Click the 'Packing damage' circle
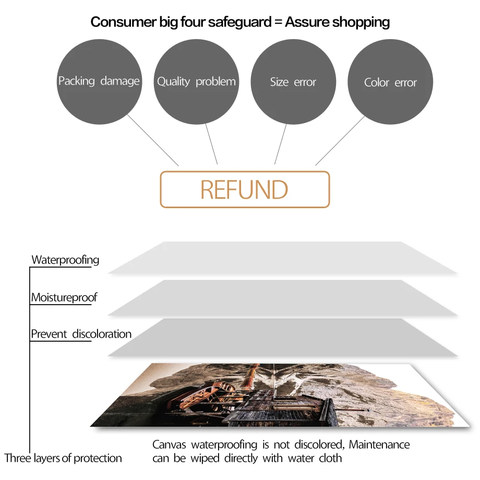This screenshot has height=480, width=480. click(99, 82)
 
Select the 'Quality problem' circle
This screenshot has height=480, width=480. click(196, 82)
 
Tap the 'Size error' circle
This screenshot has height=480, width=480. click(293, 82)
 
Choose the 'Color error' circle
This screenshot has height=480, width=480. click(390, 82)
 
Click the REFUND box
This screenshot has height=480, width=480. click(245, 189)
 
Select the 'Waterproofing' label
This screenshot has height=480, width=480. click(65, 259)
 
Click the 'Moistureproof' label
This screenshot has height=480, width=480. click(64, 297)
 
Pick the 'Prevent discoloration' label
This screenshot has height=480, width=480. click(81, 334)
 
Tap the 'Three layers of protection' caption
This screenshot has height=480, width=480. click(63, 458)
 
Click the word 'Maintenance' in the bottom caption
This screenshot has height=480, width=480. click(379, 445)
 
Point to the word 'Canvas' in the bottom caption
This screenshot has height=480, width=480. click(170, 445)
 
